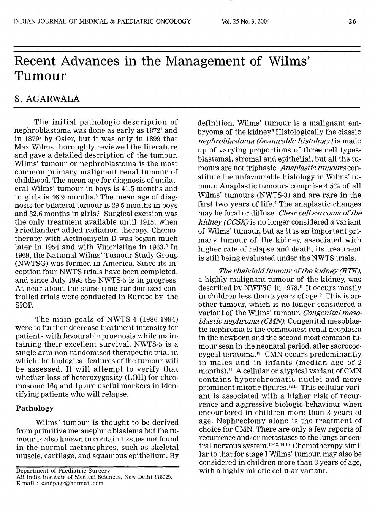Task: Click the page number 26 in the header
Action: tap(352, 21)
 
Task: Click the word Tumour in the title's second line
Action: tap(40, 76)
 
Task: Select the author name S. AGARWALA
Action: tap(47, 99)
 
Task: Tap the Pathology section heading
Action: tap(35, 408)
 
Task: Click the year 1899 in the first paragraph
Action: tap(150, 139)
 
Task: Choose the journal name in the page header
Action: tap(102, 21)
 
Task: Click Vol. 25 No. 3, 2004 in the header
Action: tap(245, 21)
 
